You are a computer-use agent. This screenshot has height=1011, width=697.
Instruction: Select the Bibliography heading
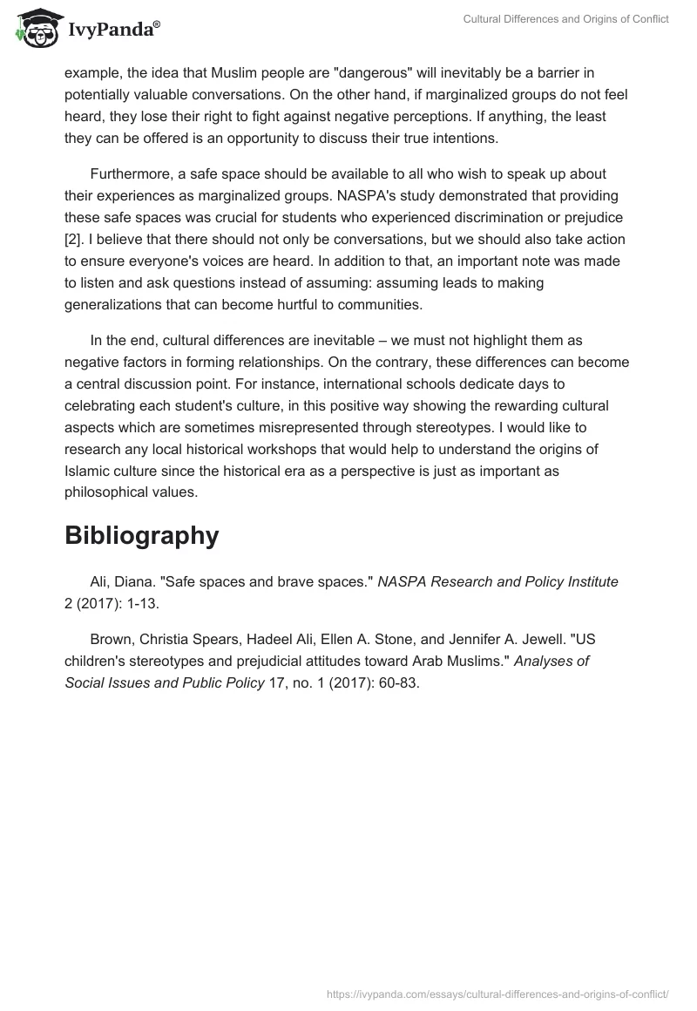pyautogui.click(x=141, y=535)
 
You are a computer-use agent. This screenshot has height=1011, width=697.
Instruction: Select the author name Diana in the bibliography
pyautogui.click(x=131, y=582)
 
